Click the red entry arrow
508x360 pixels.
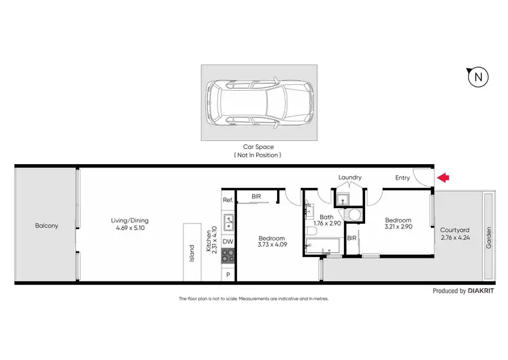click(444, 178)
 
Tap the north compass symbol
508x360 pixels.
click(478, 77)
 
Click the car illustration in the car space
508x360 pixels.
click(261, 103)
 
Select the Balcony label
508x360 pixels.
click(47, 226)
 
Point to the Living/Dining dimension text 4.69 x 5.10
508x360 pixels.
click(131, 229)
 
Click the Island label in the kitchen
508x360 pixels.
click(192, 253)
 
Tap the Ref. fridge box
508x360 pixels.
click(228, 200)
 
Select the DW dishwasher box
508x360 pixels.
click(228, 241)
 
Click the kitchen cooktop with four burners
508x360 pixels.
click(228, 256)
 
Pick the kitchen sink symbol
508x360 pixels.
click(228, 220)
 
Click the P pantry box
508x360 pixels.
click(228, 274)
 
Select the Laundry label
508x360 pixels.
click(350, 178)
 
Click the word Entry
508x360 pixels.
click(402, 178)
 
